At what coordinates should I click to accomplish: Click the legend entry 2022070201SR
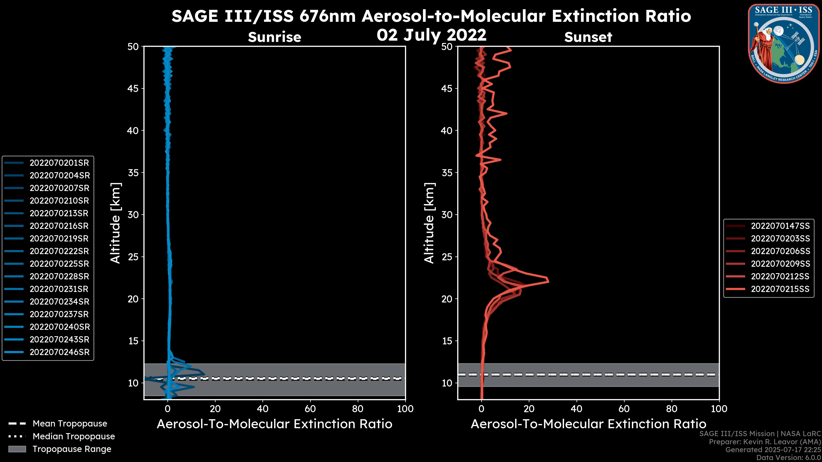click(59, 163)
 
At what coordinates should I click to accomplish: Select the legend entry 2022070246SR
click(59, 352)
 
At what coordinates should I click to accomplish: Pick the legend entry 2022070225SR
click(59, 264)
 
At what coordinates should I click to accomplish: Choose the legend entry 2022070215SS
click(780, 289)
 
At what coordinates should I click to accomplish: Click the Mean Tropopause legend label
click(70, 424)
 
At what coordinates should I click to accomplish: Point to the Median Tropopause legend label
click(74, 437)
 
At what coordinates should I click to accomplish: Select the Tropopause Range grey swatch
click(17, 449)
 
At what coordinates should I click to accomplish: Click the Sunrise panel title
click(274, 37)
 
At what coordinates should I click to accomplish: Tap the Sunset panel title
click(588, 37)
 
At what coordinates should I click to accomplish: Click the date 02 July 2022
click(431, 35)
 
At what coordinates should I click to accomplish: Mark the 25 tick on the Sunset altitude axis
click(447, 257)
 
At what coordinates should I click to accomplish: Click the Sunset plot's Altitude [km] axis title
click(429, 223)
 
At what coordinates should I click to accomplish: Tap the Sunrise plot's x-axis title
click(274, 424)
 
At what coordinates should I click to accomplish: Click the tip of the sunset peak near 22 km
click(548, 281)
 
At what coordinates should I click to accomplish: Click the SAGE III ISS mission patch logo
click(783, 43)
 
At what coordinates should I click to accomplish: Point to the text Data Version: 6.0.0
click(789, 458)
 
